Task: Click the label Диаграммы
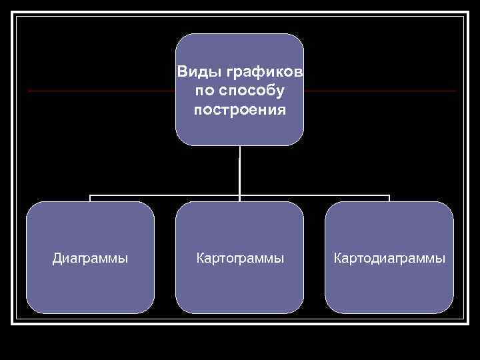click(91, 257)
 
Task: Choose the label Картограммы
click(240, 257)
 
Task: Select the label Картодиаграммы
click(389, 257)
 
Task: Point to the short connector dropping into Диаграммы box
click(91, 199)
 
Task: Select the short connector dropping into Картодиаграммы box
click(389, 199)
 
